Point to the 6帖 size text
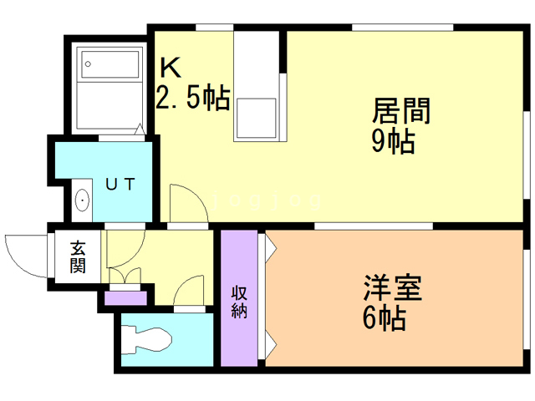(x=385, y=318)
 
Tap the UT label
(x=120, y=185)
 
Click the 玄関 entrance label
(x=78, y=257)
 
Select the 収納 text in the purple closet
(x=239, y=302)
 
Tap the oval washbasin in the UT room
(x=82, y=200)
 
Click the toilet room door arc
(x=189, y=293)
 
